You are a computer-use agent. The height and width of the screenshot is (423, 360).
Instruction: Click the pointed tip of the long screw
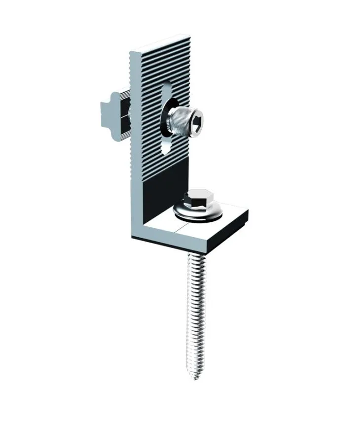coord(196,377)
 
